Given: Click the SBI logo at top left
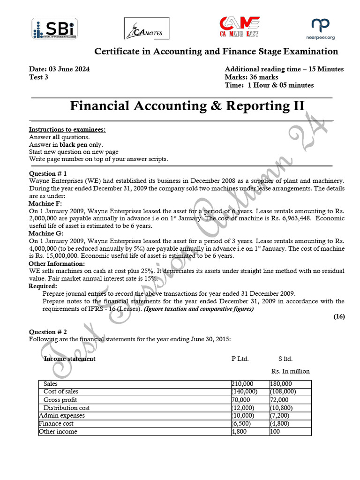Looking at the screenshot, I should pyautogui.click(x=55, y=29).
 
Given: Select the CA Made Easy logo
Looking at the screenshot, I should pyautogui.click(x=240, y=28).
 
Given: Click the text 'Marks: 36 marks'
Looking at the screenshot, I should pyautogui.click(x=251, y=77).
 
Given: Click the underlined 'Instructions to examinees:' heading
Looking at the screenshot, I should pyautogui.click(x=67, y=129).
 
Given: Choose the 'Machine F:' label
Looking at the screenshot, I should pyautogui.click(x=45, y=204).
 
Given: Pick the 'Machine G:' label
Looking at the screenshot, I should pyautogui.click(x=45, y=233).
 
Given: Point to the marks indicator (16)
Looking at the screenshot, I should pyautogui.click(x=339, y=316).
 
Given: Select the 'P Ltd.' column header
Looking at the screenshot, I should pyautogui.click(x=240, y=359).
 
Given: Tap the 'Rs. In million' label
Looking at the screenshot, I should pyautogui.click(x=290, y=371).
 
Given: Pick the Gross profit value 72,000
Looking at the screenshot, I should pyautogui.click(x=280, y=400).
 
